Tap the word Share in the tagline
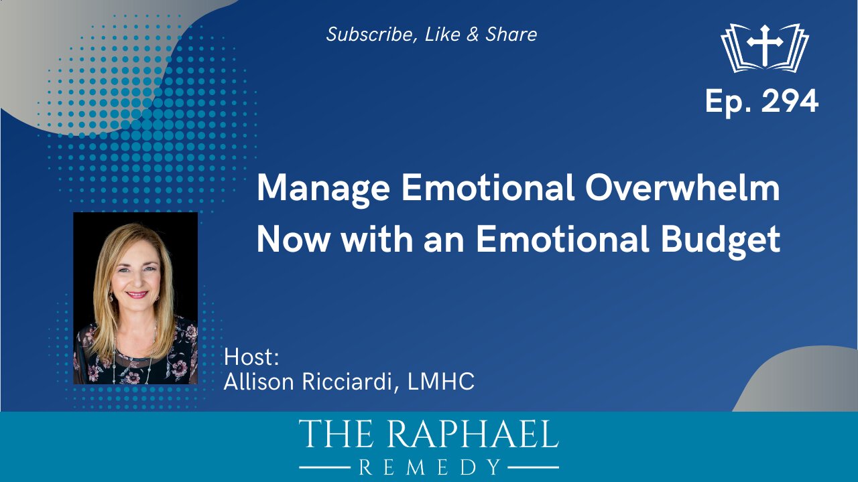511,34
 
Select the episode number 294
790,102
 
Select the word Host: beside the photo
251,357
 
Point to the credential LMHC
441,382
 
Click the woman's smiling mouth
137,295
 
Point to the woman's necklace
135,355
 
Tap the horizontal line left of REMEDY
325,467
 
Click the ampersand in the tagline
473,34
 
